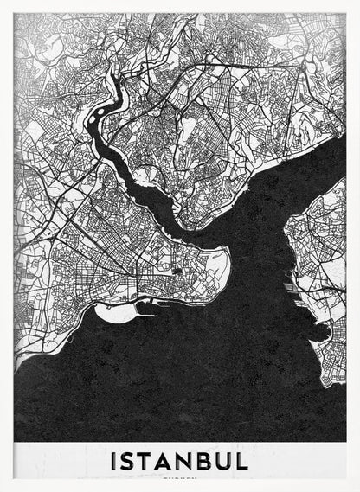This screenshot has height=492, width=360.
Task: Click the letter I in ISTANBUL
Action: (115, 460)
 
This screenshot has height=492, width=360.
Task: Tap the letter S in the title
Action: (131, 460)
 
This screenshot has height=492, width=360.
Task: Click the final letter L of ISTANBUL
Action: (246, 460)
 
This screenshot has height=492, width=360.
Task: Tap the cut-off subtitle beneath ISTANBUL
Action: (180, 476)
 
